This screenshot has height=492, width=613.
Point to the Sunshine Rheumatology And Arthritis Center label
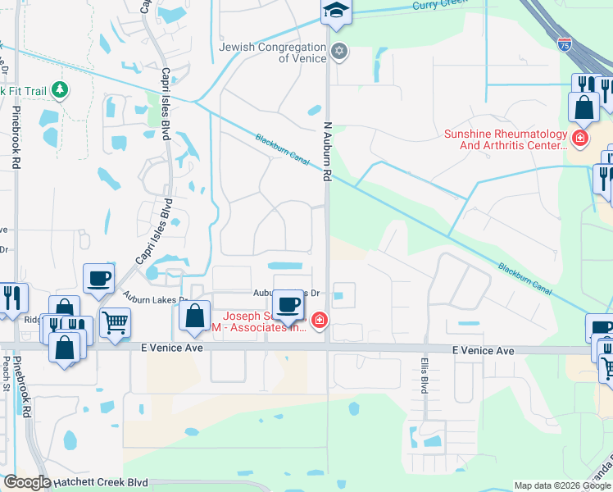pyautogui.click(x=505, y=139)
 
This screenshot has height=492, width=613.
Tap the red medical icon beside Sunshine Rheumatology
pyautogui.click(x=580, y=138)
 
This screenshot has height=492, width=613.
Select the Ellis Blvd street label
pyautogui.click(x=425, y=373)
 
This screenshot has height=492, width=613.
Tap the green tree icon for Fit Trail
pyautogui.click(x=59, y=89)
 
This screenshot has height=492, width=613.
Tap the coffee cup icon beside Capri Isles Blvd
pyautogui.click(x=98, y=278)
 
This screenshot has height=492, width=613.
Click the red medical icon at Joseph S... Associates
pyautogui.click(x=319, y=321)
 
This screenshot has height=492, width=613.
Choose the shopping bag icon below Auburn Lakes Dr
pyautogui.click(x=194, y=317)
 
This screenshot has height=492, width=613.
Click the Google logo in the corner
pyautogui.click(x=26, y=482)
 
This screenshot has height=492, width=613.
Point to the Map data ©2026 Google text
pyautogui.click(x=561, y=485)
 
